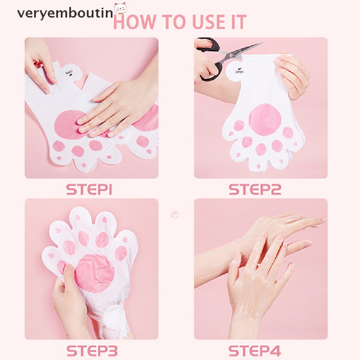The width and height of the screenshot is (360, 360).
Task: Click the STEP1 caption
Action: click(x=89, y=189)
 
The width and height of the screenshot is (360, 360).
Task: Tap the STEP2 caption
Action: click(x=255, y=189)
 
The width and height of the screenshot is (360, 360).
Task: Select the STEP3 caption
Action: click(x=92, y=351)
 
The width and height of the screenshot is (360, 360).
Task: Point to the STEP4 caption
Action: click(x=255, y=351)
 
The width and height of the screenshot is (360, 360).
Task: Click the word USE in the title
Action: click(x=203, y=22)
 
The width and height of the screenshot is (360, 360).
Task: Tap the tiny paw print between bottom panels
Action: click(x=175, y=214)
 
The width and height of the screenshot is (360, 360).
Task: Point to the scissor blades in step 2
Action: click(x=246, y=49)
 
